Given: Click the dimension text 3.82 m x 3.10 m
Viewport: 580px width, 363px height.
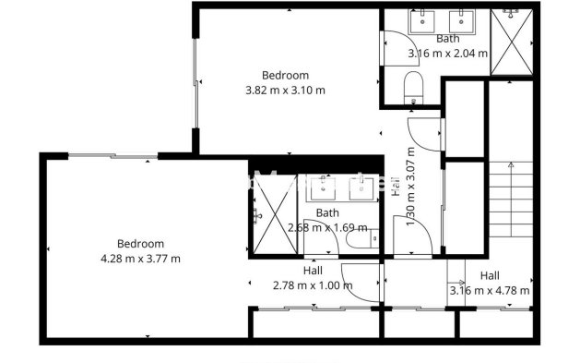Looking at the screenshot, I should click(x=285, y=91).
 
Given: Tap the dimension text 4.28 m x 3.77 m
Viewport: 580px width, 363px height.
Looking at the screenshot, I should click(x=140, y=259).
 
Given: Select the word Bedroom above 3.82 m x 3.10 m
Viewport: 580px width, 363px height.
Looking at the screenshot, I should click(x=285, y=76).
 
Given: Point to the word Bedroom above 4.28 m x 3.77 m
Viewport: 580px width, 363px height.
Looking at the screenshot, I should click(x=140, y=244).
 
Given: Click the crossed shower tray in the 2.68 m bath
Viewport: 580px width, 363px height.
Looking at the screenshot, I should click(x=262, y=213).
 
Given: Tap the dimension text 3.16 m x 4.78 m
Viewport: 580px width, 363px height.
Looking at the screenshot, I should click(x=489, y=291).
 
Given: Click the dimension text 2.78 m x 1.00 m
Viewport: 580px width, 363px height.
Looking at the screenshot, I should click(x=313, y=285).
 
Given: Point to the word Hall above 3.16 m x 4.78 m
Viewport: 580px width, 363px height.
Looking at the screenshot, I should click(x=489, y=276).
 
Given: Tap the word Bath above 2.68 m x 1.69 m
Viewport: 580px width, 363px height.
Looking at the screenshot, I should click(x=327, y=212).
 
